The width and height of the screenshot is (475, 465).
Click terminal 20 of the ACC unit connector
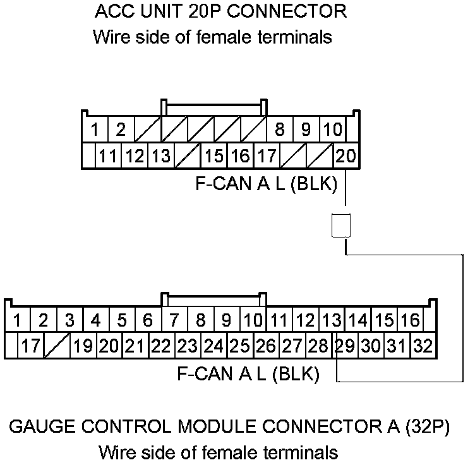[x=346, y=156]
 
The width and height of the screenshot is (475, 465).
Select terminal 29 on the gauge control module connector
[x=345, y=346]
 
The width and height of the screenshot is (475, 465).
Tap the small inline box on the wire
[x=341, y=226]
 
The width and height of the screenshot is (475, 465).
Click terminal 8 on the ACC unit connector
[x=279, y=131]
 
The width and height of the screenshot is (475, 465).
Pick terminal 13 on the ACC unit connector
[x=161, y=156]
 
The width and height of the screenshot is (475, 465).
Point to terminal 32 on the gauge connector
[x=421, y=346]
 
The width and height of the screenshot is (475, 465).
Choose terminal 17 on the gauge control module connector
[x=30, y=346]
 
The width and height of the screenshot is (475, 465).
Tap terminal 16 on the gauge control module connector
[x=410, y=320]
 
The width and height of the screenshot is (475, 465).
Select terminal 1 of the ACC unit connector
[x=95, y=131]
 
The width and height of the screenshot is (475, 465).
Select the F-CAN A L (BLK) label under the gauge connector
[x=248, y=374]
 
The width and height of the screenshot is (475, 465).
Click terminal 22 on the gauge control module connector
[x=161, y=346]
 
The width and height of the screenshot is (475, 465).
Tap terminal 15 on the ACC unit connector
[x=214, y=156]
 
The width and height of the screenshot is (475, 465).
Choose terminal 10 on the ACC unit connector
[x=332, y=131]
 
